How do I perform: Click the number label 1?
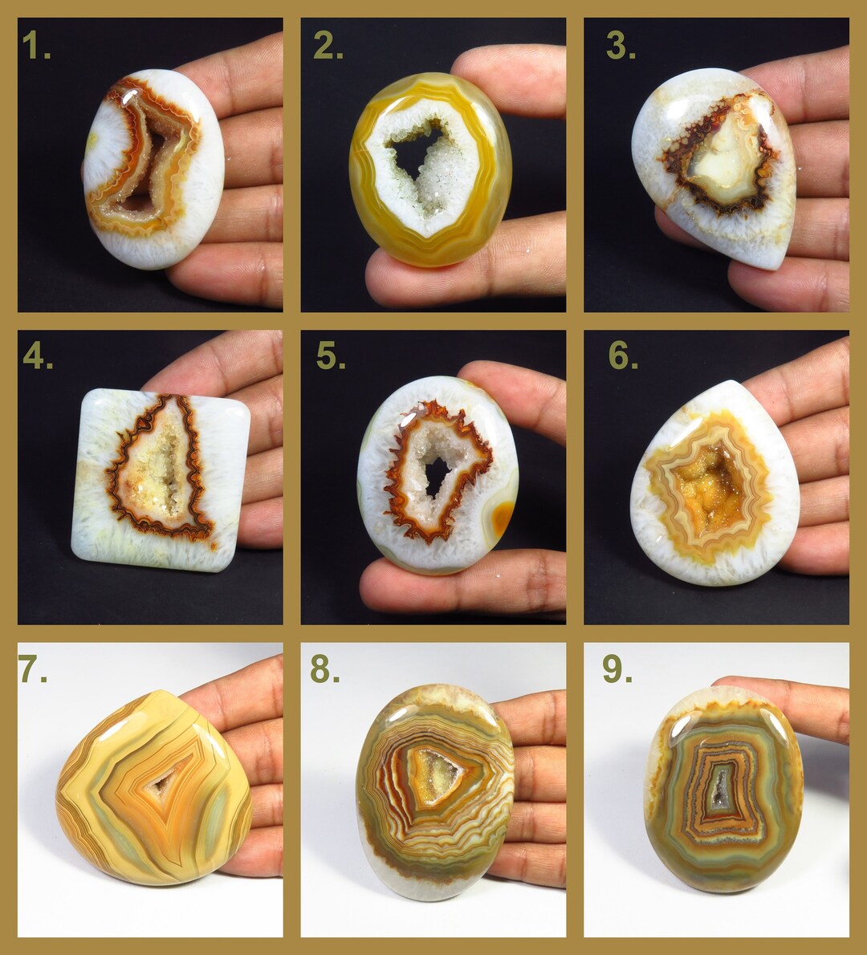point(36,47)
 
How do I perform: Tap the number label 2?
point(328,47)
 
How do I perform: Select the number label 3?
point(621,47)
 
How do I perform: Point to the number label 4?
point(37,356)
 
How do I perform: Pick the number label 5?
point(330,356)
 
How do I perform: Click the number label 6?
point(623,356)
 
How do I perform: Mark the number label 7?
point(33,669)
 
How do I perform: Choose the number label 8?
point(325,669)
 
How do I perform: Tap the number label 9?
point(617,669)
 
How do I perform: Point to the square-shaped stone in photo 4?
point(161,480)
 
